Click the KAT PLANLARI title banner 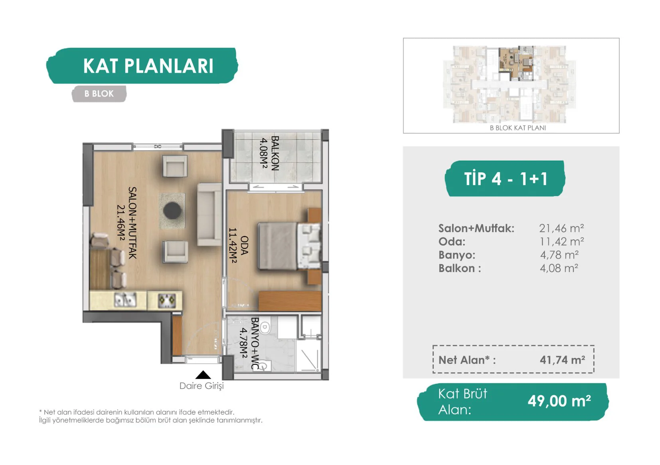pyautogui.click(x=142, y=66)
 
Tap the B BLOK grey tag pyautogui.click(x=99, y=94)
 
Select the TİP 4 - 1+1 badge pyautogui.click(x=505, y=178)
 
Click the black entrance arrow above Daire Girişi pyautogui.click(x=203, y=374)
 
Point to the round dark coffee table pyautogui.click(x=172, y=211)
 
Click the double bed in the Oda pyautogui.click(x=289, y=246)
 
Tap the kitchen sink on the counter pyautogui.click(x=125, y=300)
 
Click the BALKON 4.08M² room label pyautogui.click(x=269, y=153)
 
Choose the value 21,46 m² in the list pyautogui.click(x=561, y=228)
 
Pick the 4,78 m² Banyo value pyautogui.click(x=559, y=255)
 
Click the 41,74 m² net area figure pyautogui.click(x=563, y=360)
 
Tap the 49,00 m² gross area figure pyautogui.click(x=559, y=401)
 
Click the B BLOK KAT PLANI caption pyautogui.click(x=518, y=128)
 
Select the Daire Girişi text pyautogui.click(x=202, y=386)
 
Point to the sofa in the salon pyautogui.click(x=209, y=215)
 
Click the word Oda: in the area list pyautogui.click(x=452, y=242)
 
